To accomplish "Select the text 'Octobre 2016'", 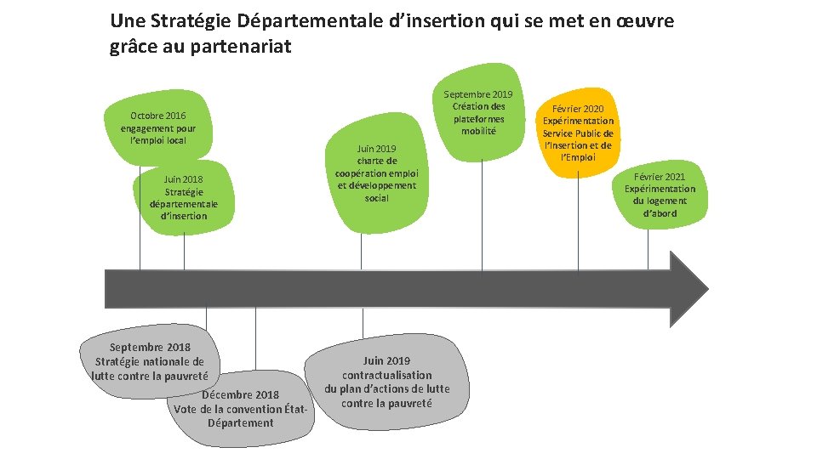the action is coord(157,116).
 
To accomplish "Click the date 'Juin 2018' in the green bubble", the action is coord(183,179).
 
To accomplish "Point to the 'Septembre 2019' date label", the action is coord(478,93).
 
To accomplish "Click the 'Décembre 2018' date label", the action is coord(241,394).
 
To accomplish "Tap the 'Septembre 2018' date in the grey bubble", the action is coord(150,347).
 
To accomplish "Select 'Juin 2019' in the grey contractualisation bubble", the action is coord(386,360).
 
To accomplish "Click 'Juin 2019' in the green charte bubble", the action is coord(376,148).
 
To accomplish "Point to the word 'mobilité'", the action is coord(478,131).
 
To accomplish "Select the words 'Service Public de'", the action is coord(578,133).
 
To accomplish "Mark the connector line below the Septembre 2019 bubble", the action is coord(483,212).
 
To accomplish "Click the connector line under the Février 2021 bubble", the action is coord(648,250).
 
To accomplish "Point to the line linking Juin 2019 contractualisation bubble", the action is coord(363,323).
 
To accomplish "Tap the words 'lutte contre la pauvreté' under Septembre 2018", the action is coord(150,375).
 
